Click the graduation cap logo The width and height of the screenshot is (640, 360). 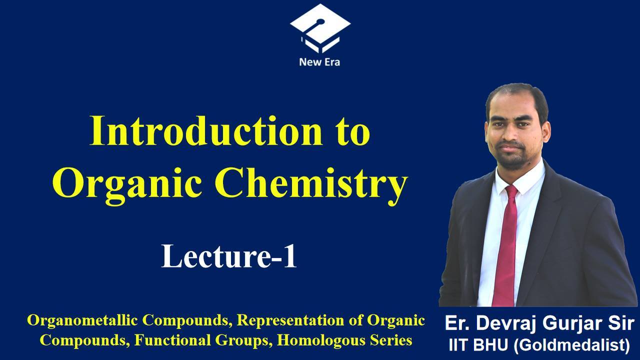point(320,28)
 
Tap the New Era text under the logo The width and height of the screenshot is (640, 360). point(319,62)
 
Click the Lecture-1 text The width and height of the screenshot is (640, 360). point(229,255)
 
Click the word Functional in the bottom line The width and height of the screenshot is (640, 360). point(173,340)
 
